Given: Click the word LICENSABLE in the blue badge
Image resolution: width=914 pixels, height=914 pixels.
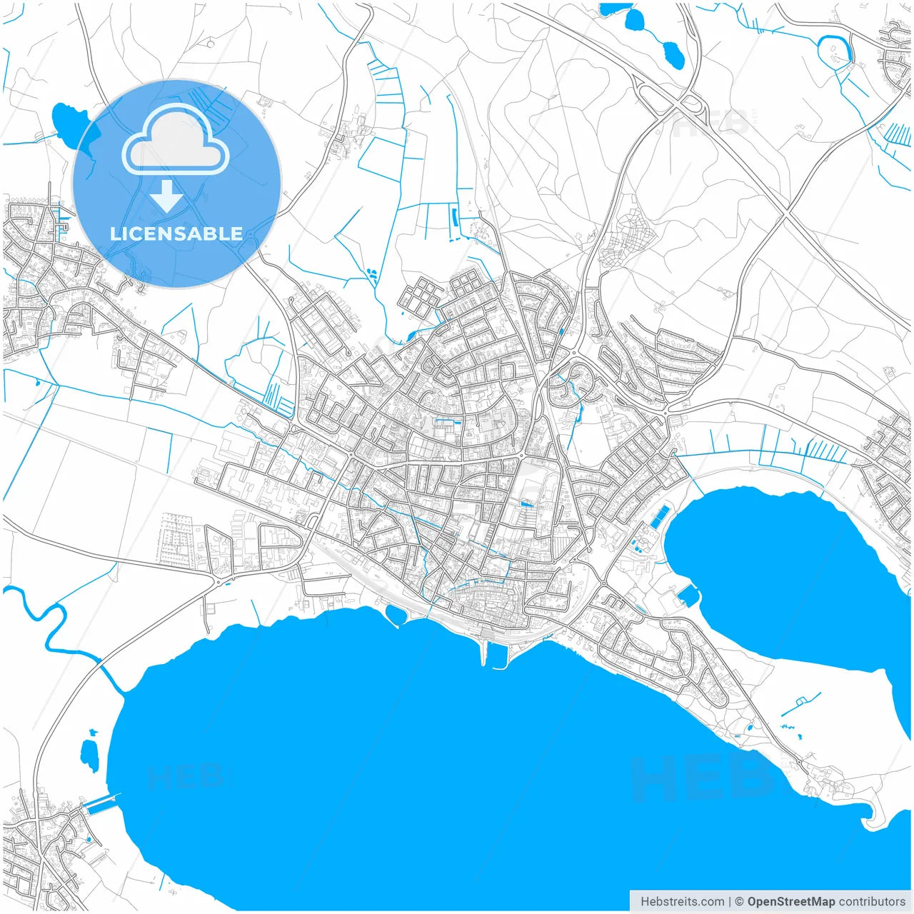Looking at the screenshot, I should (176, 233).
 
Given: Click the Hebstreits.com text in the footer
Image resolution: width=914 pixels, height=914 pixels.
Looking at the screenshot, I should (682, 901).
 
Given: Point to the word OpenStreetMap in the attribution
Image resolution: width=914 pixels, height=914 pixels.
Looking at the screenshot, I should (791, 901).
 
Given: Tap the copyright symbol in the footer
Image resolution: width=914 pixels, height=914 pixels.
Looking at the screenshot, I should (739, 901).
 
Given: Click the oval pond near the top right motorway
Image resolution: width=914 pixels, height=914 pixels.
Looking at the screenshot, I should (673, 54).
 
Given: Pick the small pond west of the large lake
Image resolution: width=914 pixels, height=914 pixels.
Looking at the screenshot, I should (89, 755).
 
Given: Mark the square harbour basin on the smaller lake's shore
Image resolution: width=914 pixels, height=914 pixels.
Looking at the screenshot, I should (688, 595).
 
